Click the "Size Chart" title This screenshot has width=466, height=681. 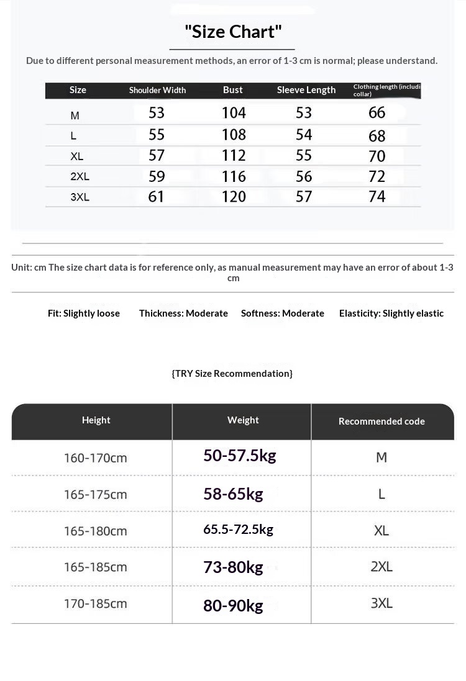click(233, 32)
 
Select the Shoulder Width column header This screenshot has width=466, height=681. click(157, 90)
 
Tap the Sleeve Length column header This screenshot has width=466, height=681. click(306, 90)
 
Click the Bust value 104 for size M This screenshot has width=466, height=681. click(234, 113)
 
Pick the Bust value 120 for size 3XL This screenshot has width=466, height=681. click(234, 197)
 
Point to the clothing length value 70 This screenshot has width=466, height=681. click(377, 156)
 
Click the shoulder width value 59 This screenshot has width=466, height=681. click(157, 176)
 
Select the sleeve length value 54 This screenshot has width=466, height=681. click(304, 135)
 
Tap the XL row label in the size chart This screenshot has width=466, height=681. click(77, 156)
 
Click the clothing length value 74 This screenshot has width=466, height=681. click(377, 197)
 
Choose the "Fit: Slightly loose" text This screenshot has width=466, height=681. click(84, 313)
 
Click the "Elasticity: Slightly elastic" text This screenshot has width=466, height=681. click(391, 313)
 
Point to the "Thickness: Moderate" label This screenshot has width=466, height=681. click(183, 313)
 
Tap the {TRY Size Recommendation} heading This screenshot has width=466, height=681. click(232, 373)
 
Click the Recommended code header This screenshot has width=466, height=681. click(381, 422)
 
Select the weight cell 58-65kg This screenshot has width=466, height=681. click(233, 494)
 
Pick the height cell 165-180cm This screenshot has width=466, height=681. click(95, 531)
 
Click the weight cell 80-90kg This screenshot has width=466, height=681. click(233, 605)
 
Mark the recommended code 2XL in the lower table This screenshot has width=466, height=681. click(381, 567)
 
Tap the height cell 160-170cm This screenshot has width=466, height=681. click(95, 458)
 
